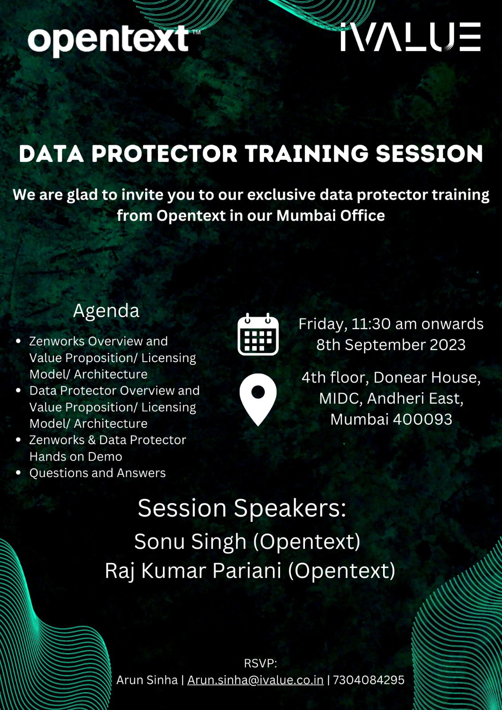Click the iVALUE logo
point(410,37)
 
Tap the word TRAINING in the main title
point(306,154)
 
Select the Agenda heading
point(106,311)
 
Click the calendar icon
point(258,335)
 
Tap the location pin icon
point(258,399)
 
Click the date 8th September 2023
point(391,345)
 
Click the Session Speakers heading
point(242,508)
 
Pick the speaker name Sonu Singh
point(190,542)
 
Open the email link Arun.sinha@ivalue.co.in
point(255,680)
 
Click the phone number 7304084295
point(368,680)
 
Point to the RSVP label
point(260,663)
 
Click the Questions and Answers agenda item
point(97,473)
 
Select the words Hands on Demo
point(75,457)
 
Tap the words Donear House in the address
point(427,378)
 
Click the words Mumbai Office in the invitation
point(331,216)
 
